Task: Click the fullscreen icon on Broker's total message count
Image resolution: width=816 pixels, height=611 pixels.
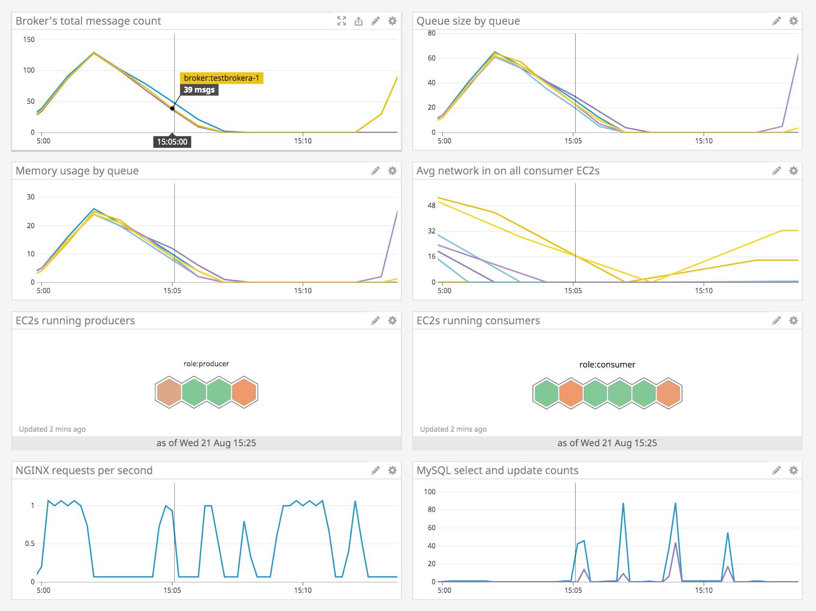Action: pos(342,21)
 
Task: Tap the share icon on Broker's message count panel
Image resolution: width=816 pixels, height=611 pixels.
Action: pos(358,21)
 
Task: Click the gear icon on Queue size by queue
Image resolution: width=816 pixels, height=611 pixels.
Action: pos(793,21)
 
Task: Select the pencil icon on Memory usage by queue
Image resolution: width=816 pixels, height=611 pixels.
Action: pos(375,171)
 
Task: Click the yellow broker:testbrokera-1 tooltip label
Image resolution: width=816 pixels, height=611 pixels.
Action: pos(222,78)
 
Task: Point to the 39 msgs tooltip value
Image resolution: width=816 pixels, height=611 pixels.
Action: pos(199,90)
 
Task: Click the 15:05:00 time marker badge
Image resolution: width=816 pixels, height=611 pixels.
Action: pos(172,142)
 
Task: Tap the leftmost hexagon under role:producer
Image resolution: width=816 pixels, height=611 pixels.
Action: pos(169,392)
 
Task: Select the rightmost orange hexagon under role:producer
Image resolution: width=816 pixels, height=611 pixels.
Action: pos(244,392)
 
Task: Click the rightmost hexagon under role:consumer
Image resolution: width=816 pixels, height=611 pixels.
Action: pos(668,393)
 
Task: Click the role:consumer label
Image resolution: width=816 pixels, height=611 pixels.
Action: pos(607,365)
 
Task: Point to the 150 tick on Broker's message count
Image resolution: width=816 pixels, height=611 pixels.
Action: pos(29,40)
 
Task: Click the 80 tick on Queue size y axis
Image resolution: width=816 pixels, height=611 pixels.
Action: pos(432,33)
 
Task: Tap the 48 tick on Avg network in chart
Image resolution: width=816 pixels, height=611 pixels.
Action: pos(432,205)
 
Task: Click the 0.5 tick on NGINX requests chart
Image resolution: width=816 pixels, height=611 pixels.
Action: pos(30,543)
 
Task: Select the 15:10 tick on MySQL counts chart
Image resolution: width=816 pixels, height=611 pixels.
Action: pos(703,590)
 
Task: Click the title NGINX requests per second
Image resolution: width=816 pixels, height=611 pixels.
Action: pos(84,470)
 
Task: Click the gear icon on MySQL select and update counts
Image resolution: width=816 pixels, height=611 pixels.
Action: pos(793,470)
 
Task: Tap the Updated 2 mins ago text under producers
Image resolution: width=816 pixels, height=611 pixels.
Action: pos(52,429)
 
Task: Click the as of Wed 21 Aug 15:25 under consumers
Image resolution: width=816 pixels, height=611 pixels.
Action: pos(607,443)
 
